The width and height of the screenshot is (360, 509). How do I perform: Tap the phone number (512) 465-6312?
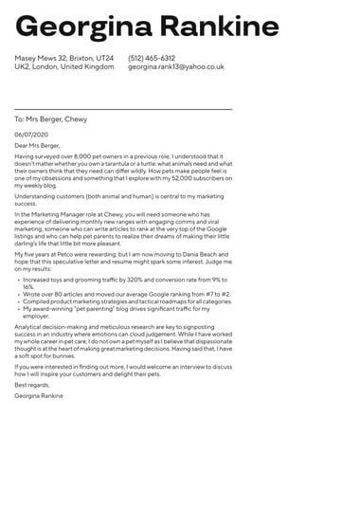click(152, 58)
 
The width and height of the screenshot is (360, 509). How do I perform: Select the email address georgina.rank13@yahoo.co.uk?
click(176, 67)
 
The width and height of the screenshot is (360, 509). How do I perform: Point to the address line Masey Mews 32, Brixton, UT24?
click(63, 58)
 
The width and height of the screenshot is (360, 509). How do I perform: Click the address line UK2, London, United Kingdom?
click(63, 67)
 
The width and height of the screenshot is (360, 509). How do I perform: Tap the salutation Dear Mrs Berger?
click(37, 146)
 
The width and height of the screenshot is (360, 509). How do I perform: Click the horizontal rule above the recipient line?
click(123, 109)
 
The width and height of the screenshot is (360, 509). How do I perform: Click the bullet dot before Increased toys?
click(18, 281)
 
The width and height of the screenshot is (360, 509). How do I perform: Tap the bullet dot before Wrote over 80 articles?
click(18, 295)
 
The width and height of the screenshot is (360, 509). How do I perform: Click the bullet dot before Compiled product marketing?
click(18, 301)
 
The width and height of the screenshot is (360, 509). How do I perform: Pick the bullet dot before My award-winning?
click(18, 309)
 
